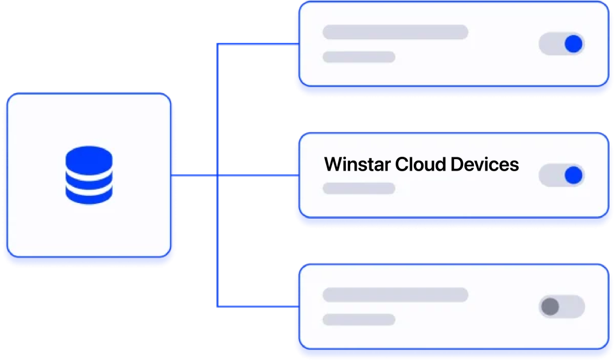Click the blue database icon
(88, 174)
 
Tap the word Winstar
(357, 165)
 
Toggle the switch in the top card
(562, 44)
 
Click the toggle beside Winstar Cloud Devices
(562, 175)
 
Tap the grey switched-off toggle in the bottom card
(562, 306)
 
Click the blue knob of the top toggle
(574, 44)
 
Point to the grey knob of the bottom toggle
(550, 306)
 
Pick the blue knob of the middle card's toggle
(574, 175)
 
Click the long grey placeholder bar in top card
(395, 32)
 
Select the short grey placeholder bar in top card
(359, 57)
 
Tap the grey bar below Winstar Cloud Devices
(359, 188)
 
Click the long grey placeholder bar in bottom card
(395, 294)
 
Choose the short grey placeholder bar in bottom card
(359, 319)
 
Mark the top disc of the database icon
(88, 157)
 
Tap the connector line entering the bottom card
(255, 306)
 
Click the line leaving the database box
(195, 175)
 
